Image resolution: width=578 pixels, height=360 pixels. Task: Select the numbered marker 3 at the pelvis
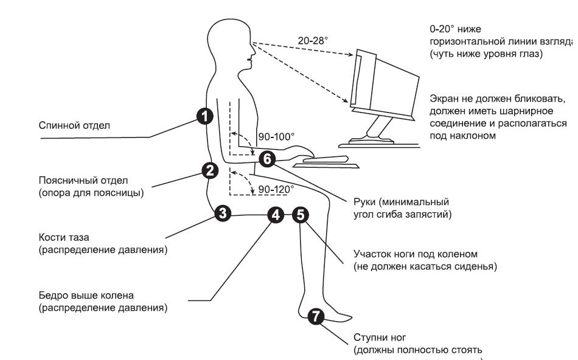223,213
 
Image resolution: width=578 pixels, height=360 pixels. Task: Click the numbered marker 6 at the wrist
266,158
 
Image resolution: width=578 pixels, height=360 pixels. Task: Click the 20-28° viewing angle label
313,40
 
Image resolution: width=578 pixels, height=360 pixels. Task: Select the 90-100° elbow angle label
274,138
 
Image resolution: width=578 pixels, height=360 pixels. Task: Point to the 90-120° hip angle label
275,189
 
